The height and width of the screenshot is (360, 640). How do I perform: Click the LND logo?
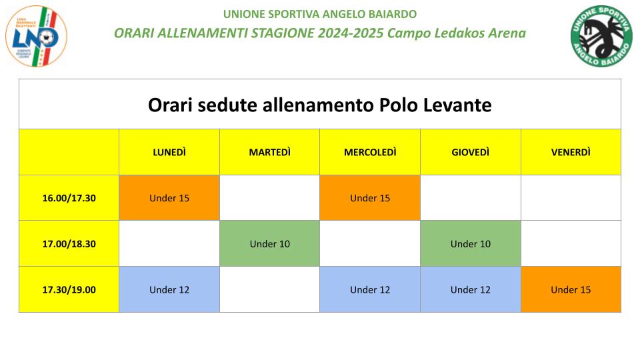36,36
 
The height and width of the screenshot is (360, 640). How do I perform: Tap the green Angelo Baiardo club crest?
601,36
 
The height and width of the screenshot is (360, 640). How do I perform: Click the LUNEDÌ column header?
169,152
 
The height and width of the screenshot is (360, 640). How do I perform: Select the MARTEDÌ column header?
270,152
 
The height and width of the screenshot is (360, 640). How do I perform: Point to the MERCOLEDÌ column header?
370,152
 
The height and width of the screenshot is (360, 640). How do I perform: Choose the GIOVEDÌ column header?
471,152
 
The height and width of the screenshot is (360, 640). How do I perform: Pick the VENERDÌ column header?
571,152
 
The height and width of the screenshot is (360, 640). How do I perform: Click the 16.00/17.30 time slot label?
69,198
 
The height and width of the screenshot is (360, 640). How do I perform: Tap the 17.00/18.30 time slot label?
69,244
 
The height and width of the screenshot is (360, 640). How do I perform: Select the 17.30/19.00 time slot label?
69,289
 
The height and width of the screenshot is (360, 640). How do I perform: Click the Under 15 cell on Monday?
169,198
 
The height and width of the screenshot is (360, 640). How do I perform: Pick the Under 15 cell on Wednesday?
370,198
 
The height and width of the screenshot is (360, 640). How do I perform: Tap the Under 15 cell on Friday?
571,289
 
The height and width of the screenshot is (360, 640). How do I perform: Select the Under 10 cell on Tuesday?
270,244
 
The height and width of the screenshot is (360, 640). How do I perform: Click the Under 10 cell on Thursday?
471,244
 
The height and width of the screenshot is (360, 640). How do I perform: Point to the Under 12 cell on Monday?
169,289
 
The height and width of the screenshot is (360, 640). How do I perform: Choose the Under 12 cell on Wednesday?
370,289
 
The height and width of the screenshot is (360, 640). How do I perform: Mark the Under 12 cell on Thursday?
471,289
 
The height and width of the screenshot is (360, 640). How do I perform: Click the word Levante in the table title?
457,105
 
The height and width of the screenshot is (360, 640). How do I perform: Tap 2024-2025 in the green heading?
351,33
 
